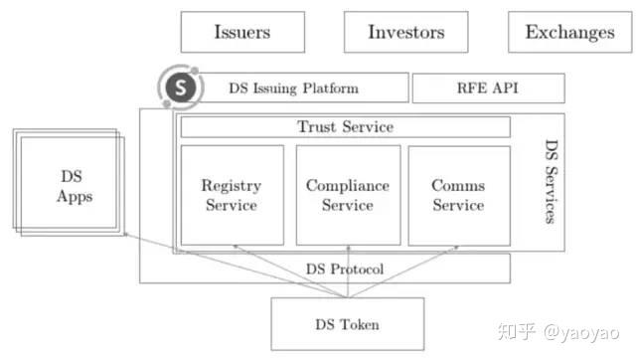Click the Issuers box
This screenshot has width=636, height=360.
coord(241,32)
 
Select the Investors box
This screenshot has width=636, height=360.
coord(405,32)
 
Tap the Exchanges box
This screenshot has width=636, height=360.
coord(569,32)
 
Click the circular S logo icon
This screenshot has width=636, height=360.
coord(180,87)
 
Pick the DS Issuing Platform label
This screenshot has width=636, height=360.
coord(293,88)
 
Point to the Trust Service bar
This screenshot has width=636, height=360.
coord(345,127)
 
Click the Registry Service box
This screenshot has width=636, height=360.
coord(232,195)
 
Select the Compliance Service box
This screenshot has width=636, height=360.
coord(348,195)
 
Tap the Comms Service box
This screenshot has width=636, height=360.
coord(458,195)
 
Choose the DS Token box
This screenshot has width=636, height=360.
coord(340,324)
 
